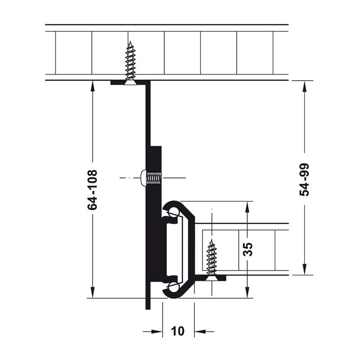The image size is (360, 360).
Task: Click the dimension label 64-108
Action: click(93, 189)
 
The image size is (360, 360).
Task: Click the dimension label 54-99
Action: click(305, 180)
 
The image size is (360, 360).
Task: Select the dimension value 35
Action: click(248, 249)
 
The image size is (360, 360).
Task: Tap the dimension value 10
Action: click(178, 331)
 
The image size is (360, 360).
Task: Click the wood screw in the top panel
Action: click(130, 63)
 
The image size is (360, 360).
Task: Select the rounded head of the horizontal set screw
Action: click(143, 177)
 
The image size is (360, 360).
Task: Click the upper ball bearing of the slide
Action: click(174, 211)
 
